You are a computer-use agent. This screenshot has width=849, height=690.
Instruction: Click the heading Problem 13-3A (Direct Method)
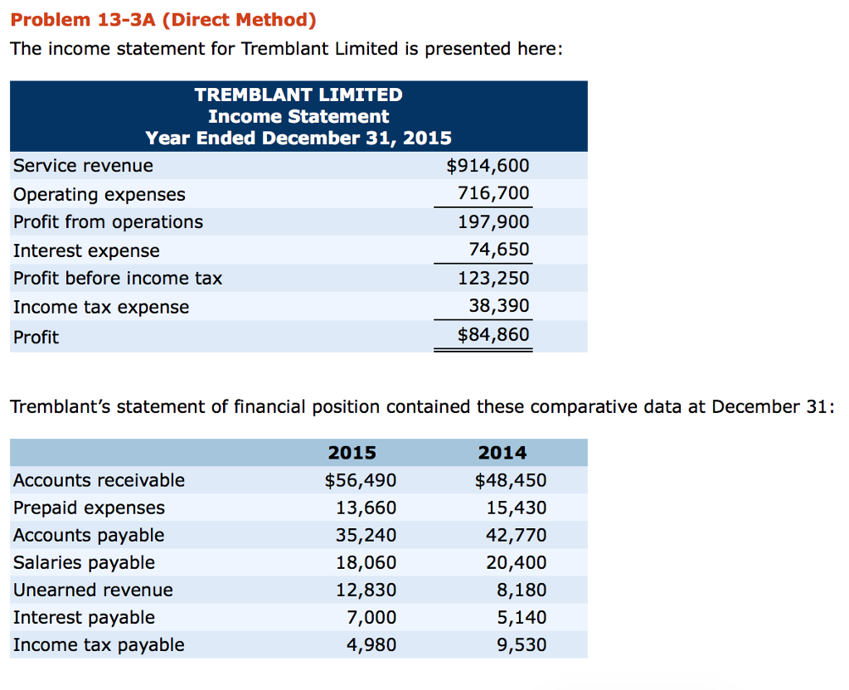[x=163, y=19]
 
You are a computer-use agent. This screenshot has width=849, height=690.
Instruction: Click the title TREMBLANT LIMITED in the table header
[x=298, y=95]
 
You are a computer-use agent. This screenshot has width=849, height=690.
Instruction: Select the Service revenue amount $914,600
[x=488, y=166]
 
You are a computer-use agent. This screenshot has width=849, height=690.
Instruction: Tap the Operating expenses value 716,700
[x=493, y=194]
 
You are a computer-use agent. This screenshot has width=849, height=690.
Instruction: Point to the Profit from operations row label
[x=108, y=222]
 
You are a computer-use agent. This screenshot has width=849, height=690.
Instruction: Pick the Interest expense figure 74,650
[x=498, y=250]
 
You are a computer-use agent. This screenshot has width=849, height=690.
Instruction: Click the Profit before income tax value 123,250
[x=493, y=279]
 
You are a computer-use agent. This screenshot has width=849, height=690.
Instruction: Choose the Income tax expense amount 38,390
[x=498, y=307]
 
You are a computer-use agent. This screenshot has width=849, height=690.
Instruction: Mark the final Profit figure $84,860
[x=492, y=336]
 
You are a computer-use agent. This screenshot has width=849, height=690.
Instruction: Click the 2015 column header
[x=352, y=453]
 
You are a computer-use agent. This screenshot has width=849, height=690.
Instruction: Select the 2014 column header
[x=502, y=453]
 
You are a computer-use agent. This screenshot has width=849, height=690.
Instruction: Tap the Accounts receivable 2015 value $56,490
[x=360, y=480]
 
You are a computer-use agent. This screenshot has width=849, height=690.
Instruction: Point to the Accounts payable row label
[x=89, y=535]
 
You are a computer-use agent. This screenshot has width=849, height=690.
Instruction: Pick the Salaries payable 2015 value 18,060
[x=366, y=562]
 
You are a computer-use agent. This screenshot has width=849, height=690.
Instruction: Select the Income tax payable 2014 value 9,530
[x=521, y=644]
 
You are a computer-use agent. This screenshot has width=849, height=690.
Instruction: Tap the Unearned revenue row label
[x=93, y=590]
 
